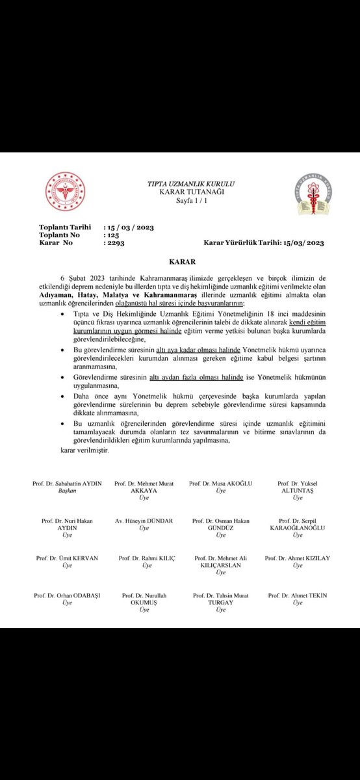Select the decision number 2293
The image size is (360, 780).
pos(114,242)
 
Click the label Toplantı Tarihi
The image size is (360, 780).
pos(64,227)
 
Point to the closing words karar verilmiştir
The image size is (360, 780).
pos(84,450)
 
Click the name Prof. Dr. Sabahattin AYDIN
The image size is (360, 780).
pos(68,484)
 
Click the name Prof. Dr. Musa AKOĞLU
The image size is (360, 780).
pos(220,484)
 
